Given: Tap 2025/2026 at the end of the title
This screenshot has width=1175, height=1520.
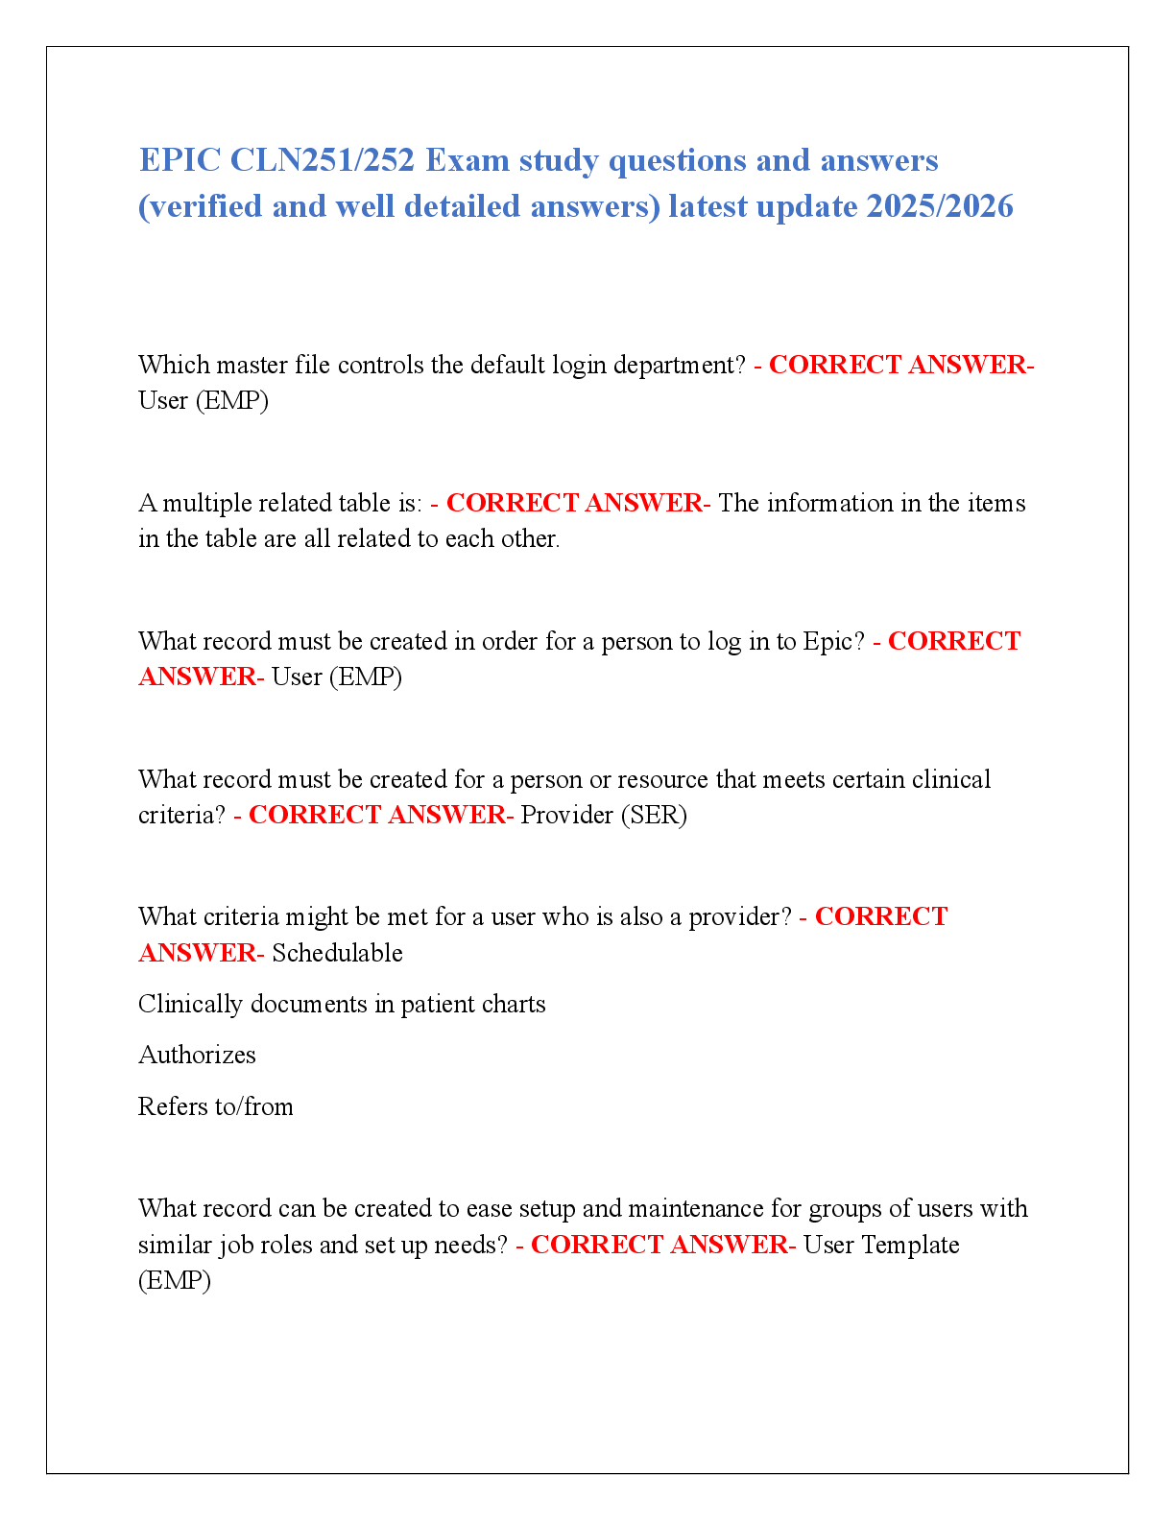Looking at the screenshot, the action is [939, 206].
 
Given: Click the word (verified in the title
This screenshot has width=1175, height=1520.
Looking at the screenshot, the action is [200, 207].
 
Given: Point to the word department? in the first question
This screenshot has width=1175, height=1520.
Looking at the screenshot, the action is [680, 366].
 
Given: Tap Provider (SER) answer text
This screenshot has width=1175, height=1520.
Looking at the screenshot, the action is [604, 815].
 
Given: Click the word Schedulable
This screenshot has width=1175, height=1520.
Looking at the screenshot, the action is [337, 953].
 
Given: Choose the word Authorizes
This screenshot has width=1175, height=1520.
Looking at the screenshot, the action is [198, 1055].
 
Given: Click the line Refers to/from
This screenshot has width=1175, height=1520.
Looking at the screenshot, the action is [216, 1105].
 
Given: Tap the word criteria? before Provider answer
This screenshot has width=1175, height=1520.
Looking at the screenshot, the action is [182, 815].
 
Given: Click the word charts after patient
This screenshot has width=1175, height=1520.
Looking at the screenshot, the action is [514, 1004].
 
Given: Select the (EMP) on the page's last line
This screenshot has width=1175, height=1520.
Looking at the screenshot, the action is [175, 1280].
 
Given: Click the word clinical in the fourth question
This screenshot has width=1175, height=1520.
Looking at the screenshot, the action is [951, 779].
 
